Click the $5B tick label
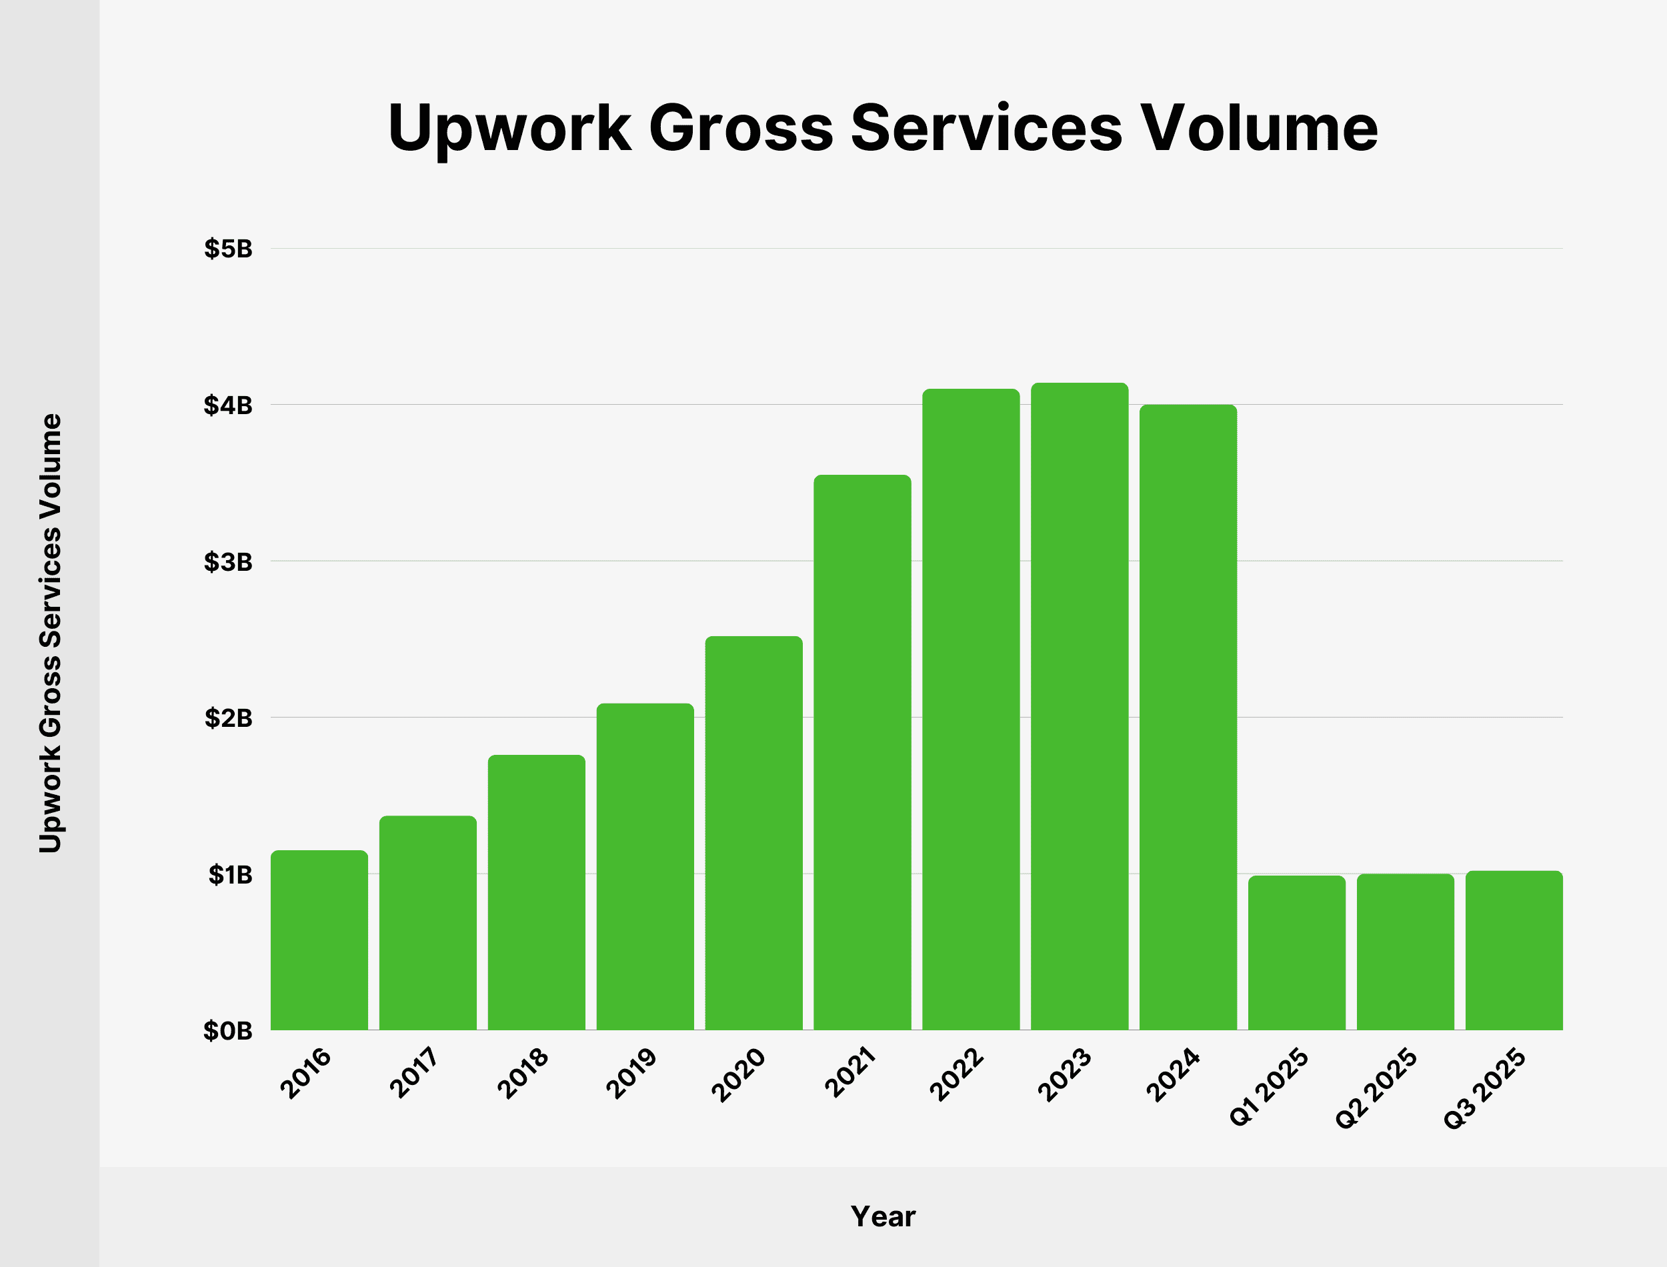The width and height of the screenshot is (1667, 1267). [227, 249]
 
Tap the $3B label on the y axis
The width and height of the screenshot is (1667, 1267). [227, 562]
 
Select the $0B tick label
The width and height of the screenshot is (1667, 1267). [227, 1031]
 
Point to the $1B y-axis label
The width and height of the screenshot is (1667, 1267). [230, 875]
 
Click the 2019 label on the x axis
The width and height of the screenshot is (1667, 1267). [632, 1073]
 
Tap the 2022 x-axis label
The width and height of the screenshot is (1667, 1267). [957, 1074]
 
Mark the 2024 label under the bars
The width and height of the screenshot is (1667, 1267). [1172, 1074]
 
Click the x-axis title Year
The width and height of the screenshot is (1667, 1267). [882, 1216]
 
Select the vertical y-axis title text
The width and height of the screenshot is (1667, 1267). [51, 633]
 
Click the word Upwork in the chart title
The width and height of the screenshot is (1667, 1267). [509, 128]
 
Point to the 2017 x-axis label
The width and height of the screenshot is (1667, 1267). [414, 1073]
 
